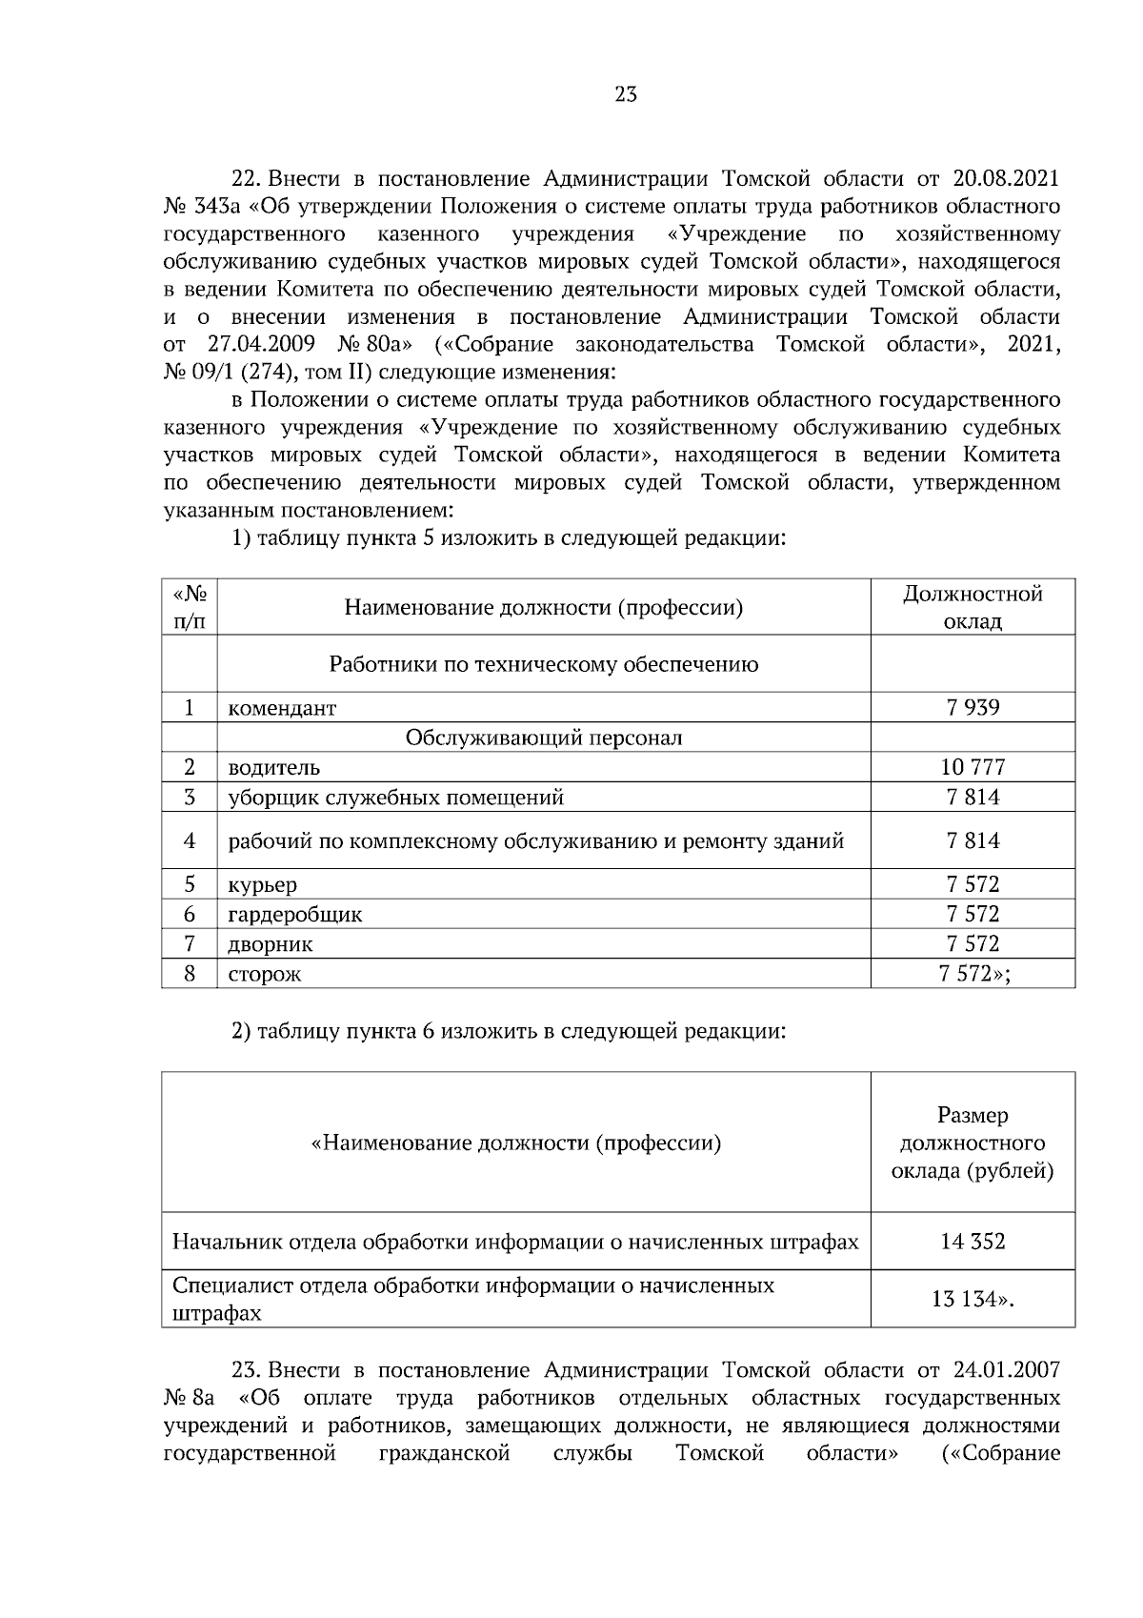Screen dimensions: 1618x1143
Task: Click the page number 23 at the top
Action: (x=626, y=94)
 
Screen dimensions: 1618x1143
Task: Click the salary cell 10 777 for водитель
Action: (x=973, y=767)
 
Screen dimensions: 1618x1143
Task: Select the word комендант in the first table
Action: (x=282, y=708)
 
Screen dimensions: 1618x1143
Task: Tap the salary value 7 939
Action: (x=973, y=707)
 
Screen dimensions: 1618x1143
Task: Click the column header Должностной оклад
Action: (x=973, y=607)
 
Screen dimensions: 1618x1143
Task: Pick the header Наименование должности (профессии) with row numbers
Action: (x=543, y=607)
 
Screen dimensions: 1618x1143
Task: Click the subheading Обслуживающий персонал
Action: (x=543, y=738)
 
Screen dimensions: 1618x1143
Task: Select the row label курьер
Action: (x=262, y=884)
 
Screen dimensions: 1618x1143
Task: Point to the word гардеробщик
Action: (x=294, y=915)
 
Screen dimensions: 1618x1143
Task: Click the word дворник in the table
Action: (x=270, y=944)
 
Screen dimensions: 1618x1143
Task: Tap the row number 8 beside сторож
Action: (x=190, y=974)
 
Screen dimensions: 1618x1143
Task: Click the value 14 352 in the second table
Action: (x=973, y=1242)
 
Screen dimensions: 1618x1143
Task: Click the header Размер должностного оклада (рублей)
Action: (x=973, y=1143)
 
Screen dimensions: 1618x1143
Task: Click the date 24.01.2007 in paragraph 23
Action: (x=1006, y=1370)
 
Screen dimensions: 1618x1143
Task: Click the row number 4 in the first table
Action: (x=190, y=840)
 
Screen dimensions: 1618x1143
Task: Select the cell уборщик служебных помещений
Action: (x=395, y=798)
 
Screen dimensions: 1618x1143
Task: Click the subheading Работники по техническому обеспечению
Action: (x=543, y=664)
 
